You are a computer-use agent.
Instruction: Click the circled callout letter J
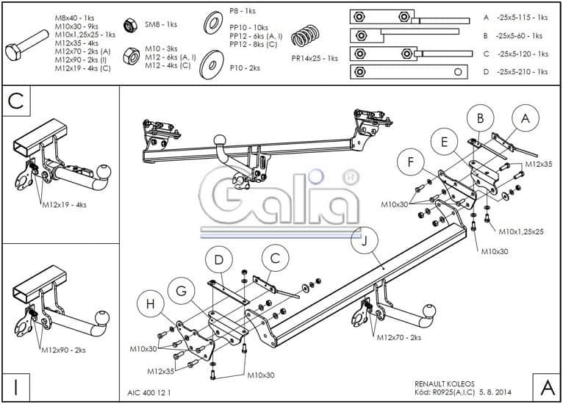(x=363, y=240)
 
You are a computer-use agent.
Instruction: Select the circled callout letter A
(x=525, y=118)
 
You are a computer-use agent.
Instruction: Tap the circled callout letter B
(x=480, y=118)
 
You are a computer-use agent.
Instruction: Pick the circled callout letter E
(x=445, y=143)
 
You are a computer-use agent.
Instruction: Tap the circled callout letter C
(x=275, y=258)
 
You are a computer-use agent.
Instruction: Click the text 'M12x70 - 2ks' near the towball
(x=398, y=337)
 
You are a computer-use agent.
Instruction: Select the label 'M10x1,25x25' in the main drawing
(x=520, y=231)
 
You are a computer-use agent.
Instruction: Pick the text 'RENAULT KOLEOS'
(x=445, y=383)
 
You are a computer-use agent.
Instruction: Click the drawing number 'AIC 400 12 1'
(x=148, y=393)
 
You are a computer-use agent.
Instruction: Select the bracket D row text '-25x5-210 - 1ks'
(x=522, y=72)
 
